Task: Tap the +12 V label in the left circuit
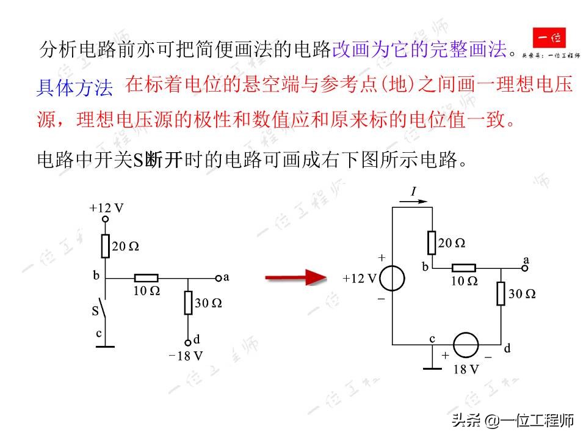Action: [106, 208]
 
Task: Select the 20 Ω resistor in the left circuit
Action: [105, 246]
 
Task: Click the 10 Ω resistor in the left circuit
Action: [146, 278]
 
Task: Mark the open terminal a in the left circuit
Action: [218, 278]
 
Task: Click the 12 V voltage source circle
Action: [392, 279]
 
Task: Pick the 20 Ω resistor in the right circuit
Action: [432, 243]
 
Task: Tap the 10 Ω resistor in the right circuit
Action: [464, 268]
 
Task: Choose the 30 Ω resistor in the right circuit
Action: [501, 293]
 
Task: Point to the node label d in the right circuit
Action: [507, 349]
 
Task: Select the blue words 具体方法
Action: [74, 89]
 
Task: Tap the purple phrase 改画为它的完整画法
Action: [420, 50]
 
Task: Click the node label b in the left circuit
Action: [96, 276]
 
